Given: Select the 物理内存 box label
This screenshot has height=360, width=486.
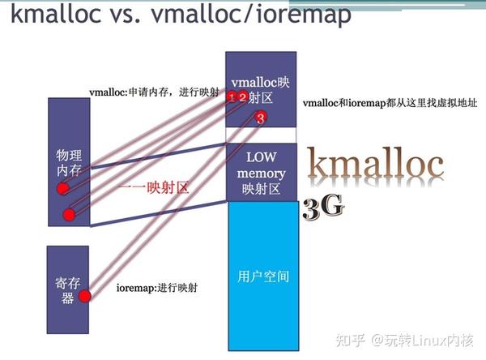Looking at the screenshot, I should (67, 161).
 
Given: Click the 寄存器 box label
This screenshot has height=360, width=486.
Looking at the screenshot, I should (67, 289).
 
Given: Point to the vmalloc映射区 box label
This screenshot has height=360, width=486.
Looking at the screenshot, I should (261, 88).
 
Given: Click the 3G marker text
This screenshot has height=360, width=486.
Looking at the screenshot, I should (323, 208).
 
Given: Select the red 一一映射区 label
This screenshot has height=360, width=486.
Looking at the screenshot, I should (154, 187).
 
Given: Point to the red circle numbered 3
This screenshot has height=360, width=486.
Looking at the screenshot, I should (260, 118).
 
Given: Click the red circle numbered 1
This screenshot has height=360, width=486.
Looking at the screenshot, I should (232, 98).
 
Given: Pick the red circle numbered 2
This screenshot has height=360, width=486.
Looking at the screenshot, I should (242, 97).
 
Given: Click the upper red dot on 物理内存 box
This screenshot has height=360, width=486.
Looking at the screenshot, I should (62, 189).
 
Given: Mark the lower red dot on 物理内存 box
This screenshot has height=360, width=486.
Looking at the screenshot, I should (69, 215).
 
